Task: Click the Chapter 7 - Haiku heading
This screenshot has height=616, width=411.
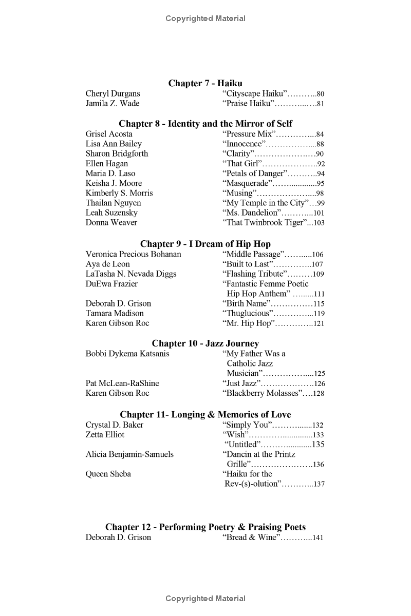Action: coord(206,83)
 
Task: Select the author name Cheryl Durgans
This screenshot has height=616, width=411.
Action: coord(113,93)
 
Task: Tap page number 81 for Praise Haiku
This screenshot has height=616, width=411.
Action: coord(321,104)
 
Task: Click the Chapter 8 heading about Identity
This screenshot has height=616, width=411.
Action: coord(206,124)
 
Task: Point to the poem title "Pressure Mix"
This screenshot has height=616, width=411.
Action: coord(249,134)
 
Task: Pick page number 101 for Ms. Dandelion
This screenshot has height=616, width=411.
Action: coord(319,213)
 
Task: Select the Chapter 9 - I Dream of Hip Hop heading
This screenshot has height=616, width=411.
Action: coord(206,244)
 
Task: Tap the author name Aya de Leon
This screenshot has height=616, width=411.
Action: coord(108,264)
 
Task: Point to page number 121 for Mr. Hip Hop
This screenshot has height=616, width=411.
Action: coord(319,323)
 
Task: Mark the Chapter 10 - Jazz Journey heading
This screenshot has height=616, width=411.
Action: coord(206,343)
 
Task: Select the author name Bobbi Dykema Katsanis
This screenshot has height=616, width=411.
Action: coord(127,354)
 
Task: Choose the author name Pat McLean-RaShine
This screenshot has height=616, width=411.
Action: coord(122,383)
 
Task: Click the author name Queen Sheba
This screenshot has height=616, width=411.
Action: coord(108,474)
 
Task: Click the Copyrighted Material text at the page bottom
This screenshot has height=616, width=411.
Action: coord(206,599)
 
